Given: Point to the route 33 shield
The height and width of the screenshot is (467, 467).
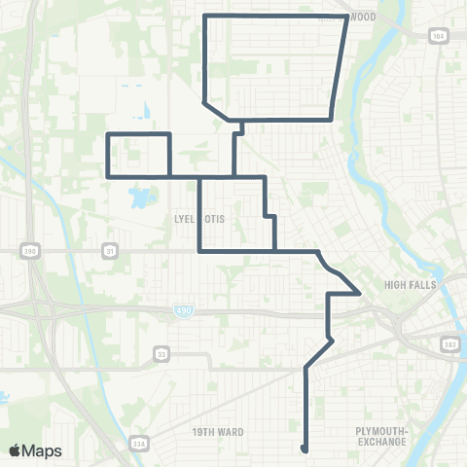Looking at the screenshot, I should pos(162,355).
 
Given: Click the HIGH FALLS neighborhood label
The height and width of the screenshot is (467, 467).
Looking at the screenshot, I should pos(411,284).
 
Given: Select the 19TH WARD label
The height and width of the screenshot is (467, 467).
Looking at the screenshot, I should pos(218,431).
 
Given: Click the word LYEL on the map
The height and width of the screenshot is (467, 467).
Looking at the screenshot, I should pos(186,220).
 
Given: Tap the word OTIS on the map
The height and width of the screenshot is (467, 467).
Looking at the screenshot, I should pos(215,220).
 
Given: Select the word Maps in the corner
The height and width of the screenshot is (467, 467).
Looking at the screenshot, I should pos(43,450).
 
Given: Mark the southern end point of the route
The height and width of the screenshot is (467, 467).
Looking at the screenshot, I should pos(305,449).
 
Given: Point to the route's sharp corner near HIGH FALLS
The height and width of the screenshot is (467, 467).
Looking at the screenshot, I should pos(360,293).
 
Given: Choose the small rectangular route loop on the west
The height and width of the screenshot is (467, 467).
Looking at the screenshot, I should pos(138,155).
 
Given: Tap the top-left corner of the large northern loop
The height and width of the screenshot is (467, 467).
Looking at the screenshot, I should pos(203,17).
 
